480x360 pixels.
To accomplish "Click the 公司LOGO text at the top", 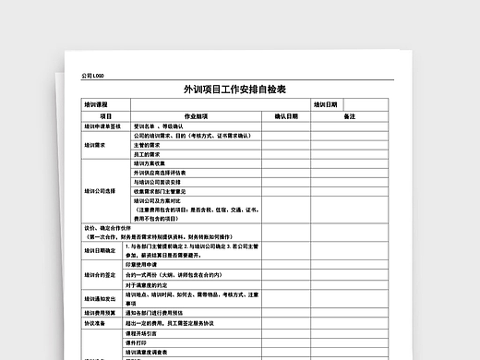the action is [92, 76].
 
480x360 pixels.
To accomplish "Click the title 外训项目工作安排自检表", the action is [234, 90].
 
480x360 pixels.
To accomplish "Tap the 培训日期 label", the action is [326, 105].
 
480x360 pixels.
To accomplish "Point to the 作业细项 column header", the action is [197, 116].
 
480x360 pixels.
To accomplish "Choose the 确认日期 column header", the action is [286, 116].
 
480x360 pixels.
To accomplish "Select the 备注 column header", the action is [350, 116].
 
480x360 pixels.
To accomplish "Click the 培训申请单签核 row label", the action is [102, 126].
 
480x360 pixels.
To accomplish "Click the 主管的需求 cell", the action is [147, 145].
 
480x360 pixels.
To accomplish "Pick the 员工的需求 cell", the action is [147, 154].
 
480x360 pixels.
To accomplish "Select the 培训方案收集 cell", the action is [149, 163].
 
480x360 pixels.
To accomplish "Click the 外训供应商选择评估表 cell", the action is [160, 173].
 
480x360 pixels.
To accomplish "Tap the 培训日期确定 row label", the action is [100, 250].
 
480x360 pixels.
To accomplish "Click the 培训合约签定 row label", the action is [100, 275].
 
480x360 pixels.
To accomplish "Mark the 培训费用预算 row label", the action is [100, 313].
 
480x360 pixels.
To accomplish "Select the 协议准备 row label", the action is [96, 323].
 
